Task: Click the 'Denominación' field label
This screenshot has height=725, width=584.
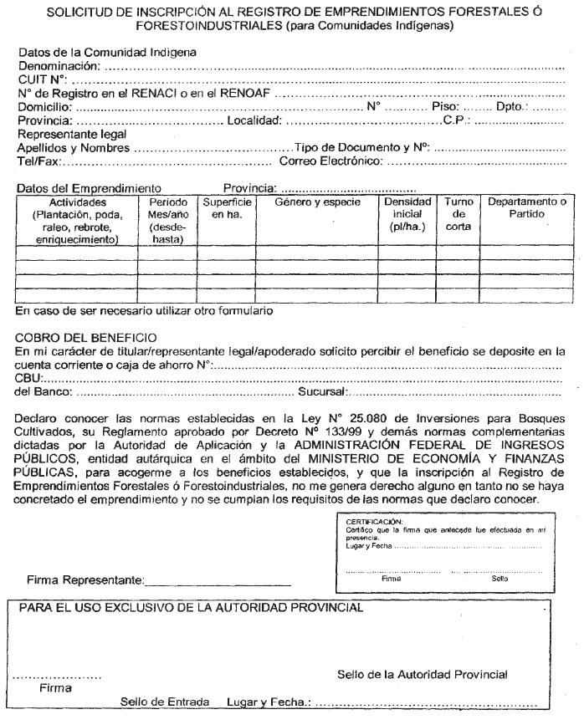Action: click(58, 65)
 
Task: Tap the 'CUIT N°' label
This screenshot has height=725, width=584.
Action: click(42, 79)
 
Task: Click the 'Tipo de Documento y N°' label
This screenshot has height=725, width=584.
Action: click(361, 148)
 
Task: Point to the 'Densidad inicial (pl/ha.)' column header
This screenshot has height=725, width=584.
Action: click(407, 214)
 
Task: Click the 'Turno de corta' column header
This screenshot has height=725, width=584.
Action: click(458, 214)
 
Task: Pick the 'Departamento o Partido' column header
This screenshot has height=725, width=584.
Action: click(527, 208)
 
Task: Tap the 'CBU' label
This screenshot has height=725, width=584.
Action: click(29, 379)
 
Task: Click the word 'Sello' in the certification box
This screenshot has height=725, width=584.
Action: click(500, 578)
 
